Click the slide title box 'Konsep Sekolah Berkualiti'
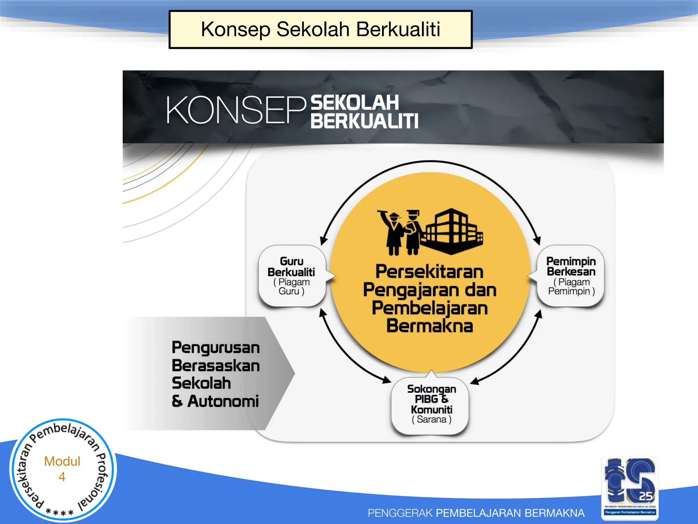click(320, 29)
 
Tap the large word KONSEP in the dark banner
click(236, 110)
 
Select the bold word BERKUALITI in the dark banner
click(364, 121)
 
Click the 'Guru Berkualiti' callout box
click(292, 276)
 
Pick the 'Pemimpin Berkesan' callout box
click(571, 276)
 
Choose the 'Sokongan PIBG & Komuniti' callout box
click(431, 405)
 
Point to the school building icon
click(452, 232)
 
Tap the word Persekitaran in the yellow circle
click(429, 272)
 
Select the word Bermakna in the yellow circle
click(429, 326)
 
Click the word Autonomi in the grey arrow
click(223, 401)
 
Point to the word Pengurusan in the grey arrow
click(216, 348)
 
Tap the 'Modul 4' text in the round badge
click(62, 468)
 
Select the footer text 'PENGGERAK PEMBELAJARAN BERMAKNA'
click(476, 513)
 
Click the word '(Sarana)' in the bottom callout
click(431, 419)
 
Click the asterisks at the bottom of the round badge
click(60, 512)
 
